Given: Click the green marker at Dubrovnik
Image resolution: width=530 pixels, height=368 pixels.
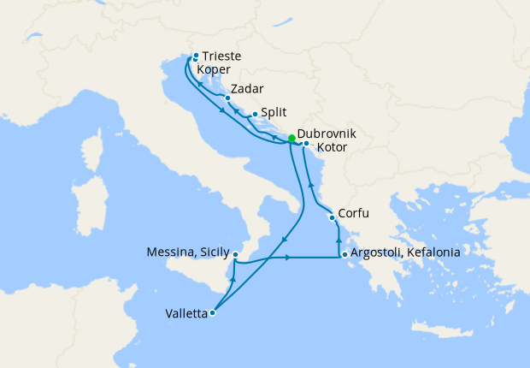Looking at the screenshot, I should point(291,138).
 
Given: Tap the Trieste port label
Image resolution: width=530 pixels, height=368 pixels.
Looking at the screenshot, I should point(221,56).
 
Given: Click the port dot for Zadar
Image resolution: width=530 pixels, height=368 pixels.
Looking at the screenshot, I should point(227,98).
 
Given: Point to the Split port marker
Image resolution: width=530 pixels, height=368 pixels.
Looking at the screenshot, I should point(255,114).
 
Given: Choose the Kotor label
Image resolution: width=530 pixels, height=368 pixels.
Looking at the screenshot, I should point(332,148).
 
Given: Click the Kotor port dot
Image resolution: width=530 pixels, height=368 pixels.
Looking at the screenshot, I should point(306,144).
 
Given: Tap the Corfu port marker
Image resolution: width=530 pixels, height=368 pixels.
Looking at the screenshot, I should point(332,218).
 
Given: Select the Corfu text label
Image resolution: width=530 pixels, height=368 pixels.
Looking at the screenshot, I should point(355,214).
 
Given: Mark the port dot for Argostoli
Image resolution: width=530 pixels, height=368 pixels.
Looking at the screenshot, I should point(344,254).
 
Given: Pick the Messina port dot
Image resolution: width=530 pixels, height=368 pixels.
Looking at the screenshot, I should point(235,255).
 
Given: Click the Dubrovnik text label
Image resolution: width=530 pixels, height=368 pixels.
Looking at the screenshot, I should point(327,135).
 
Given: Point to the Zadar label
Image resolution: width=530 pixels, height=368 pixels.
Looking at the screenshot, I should point(247,89).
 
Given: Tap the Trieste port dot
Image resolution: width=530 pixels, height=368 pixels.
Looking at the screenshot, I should point(196,54).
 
